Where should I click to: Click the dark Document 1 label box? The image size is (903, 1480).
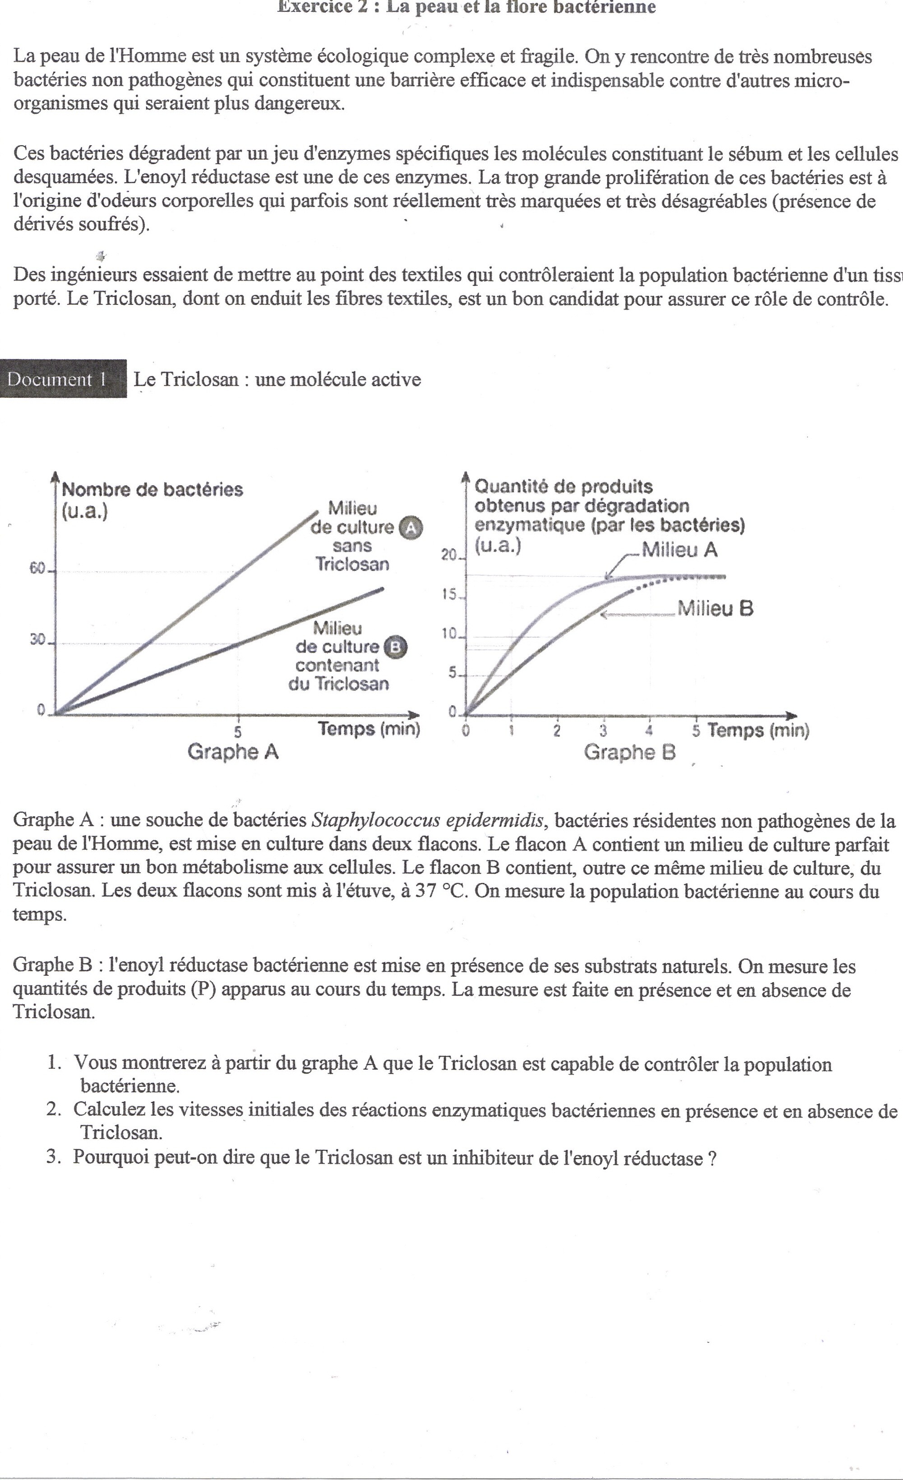[x=63, y=379]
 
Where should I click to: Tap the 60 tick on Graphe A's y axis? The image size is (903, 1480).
[x=38, y=569]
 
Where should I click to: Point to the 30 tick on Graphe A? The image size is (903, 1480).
[x=38, y=640]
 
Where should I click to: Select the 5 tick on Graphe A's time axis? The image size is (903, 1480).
[x=238, y=731]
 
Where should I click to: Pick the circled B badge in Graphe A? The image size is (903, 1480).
[x=395, y=647]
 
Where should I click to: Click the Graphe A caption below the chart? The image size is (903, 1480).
[x=233, y=751]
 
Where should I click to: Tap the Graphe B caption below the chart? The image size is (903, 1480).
[x=630, y=752]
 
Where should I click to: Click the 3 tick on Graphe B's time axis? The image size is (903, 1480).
[x=603, y=731]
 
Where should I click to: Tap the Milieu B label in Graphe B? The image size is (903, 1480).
[x=715, y=608]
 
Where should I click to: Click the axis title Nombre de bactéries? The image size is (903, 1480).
[x=152, y=490]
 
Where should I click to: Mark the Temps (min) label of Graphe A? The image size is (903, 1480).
[x=369, y=729]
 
